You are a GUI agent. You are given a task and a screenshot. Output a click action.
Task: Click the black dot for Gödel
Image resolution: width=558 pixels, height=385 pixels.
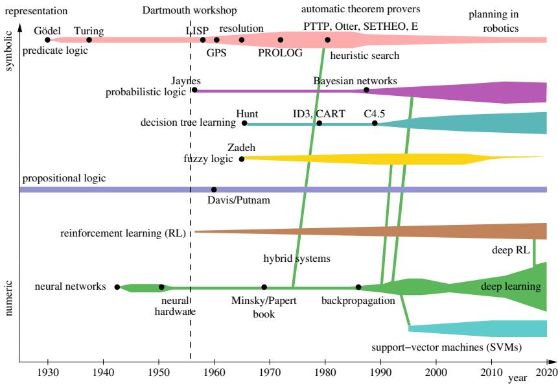[x=47, y=40]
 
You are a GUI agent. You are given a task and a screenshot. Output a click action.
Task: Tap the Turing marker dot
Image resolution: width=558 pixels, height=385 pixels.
[x=89, y=40]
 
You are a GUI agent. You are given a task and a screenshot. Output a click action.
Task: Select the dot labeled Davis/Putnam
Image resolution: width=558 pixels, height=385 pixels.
[x=214, y=189]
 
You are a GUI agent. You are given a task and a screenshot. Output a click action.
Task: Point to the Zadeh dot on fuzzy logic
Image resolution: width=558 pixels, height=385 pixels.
[x=242, y=159]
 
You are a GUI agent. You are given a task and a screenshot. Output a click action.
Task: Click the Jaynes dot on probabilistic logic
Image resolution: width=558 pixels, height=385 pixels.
[x=194, y=90]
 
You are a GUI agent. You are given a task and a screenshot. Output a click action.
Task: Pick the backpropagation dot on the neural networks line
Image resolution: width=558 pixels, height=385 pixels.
[x=358, y=287]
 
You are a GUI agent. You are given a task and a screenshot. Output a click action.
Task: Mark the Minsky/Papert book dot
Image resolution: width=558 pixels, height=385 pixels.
[x=264, y=287]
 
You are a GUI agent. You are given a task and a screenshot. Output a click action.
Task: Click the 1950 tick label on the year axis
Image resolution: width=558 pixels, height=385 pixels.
[x=159, y=373]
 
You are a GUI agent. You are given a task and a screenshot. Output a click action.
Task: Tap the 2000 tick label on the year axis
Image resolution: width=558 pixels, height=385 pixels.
[x=436, y=373]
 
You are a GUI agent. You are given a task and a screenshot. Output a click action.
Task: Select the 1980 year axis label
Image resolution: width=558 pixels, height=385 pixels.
[x=325, y=373]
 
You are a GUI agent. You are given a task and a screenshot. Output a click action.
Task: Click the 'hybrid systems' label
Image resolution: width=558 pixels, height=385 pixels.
[x=297, y=258]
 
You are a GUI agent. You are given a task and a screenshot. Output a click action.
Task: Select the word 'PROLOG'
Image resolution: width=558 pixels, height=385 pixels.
[x=281, y=53]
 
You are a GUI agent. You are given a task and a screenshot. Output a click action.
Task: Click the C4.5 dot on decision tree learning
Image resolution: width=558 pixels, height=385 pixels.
[x=375, y=123]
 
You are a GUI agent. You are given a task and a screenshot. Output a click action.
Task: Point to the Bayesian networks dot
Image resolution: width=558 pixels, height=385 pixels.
[x=366, y=90]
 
